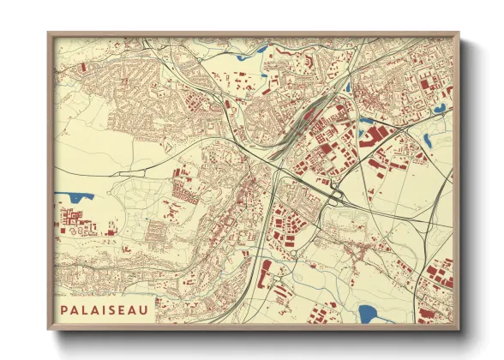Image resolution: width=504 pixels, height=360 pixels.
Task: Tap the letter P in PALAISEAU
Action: click(65, 306)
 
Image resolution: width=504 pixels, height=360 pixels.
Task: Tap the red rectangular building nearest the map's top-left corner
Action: click(83, 68)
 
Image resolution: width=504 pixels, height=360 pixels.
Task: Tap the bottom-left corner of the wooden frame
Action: click(49, 330)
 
